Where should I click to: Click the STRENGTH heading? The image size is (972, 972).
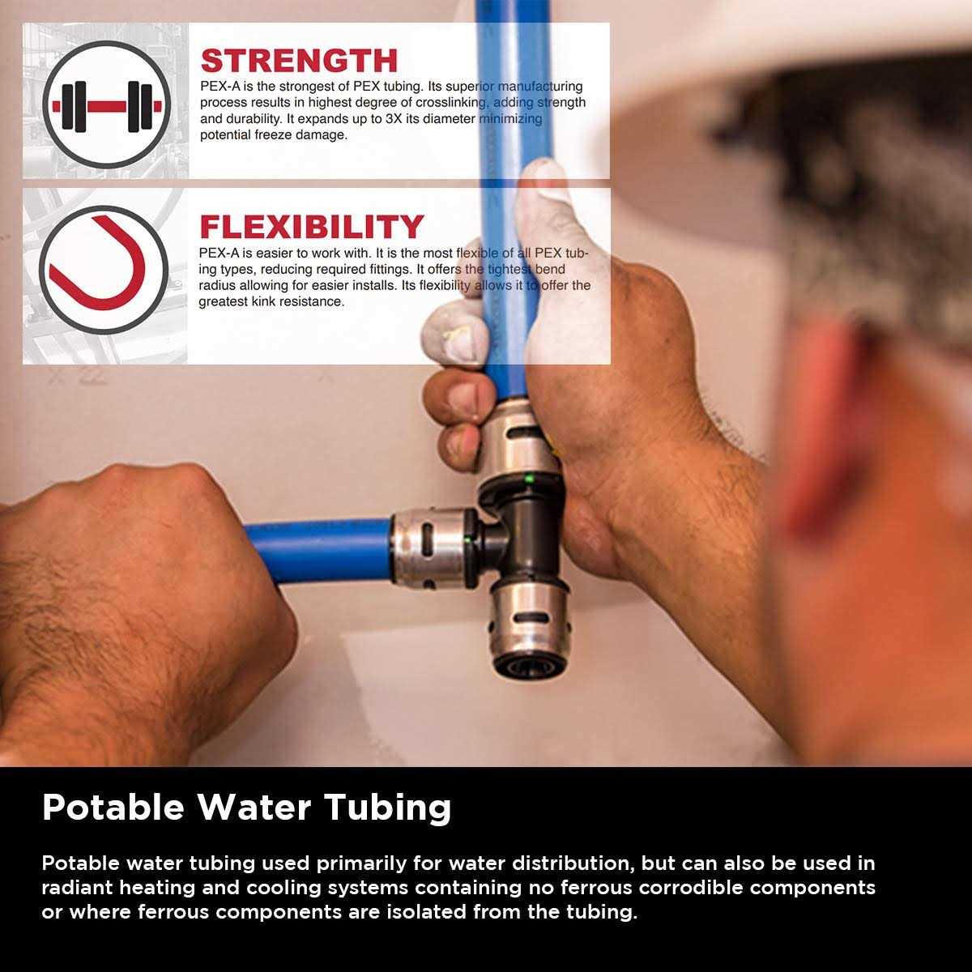[x=299, y=61]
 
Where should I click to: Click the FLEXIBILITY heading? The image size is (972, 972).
[x=312, y=227]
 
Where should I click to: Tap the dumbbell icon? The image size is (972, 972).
[x=106, y=104]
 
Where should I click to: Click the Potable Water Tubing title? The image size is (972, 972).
[x=246, y=808]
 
